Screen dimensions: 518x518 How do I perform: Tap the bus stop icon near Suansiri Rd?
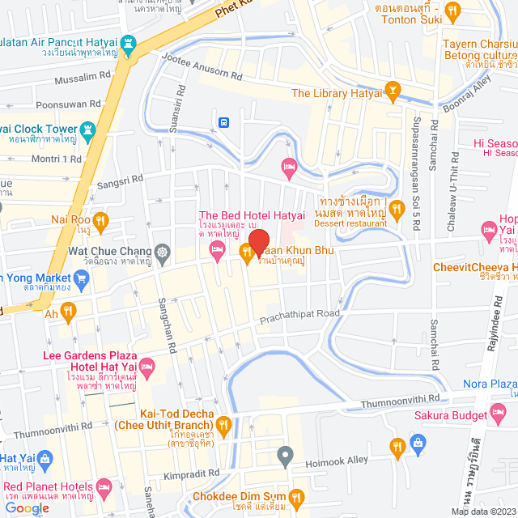coord(223,123)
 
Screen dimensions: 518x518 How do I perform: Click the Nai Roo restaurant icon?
coord(100,219)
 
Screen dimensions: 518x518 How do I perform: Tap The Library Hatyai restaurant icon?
coord(393,92)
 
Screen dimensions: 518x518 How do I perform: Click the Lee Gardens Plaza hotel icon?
coord(146,369)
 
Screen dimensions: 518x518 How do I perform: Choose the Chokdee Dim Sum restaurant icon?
coord(297,496)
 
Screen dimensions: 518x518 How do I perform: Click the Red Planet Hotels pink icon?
coord(104,487)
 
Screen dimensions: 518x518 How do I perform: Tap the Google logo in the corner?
coord(26,508)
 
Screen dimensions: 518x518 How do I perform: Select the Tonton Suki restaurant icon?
coord(453,11)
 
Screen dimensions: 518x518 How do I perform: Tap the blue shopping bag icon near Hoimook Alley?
coord(418,443)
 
